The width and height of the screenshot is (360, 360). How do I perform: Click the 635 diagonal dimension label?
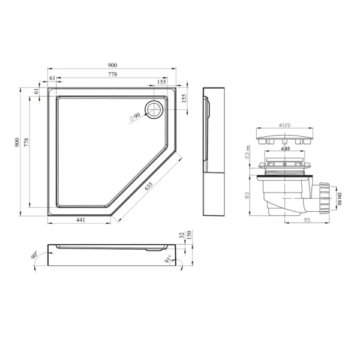(149, 186)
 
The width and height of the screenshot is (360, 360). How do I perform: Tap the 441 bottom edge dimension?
(80, 220)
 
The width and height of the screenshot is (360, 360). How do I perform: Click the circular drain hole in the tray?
(154, 109)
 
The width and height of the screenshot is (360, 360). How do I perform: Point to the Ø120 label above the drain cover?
(284, 125)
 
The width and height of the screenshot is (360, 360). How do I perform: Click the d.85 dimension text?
(286, 149)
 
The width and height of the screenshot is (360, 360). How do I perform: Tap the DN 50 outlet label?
(340, 199)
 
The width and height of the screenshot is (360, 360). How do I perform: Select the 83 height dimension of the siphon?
(247, 196)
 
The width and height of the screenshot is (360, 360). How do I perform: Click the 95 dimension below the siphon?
(307, 220)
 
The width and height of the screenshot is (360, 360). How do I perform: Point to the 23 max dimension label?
(247, 152)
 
